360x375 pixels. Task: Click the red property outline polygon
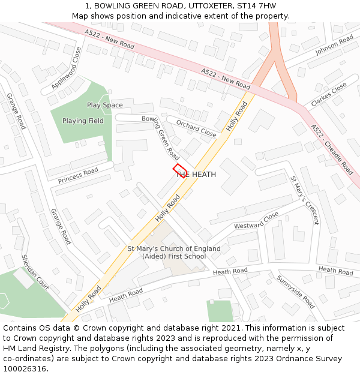pyautogui.click(x=179, y=170)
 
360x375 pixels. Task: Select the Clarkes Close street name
pyautogui.click(x=329, y=95)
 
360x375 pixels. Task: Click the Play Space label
pyautogui.click(x=104, y=105)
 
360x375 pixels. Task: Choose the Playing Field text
pyautogui.click(x=83, y=121)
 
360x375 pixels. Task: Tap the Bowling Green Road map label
pyautogui.click(x=161, y=137)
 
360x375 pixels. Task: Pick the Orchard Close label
pyautogui.click(x=196, y=128)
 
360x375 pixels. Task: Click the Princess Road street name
pyautogui.click(x=78, y=176)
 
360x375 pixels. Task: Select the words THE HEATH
pyautogui.click(x=196, y=174)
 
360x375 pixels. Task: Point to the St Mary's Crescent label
pyautogui.click(x=305, y=200)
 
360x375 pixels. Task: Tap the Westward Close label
pyautogui.click(x=256, y=220)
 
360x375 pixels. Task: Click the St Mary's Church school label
pyautogui.click(x=174, y=253)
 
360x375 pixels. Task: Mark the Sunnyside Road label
pyautogui.click(x=295, y=292)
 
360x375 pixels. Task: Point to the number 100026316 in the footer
pyautogui.click(x=25, y=368)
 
